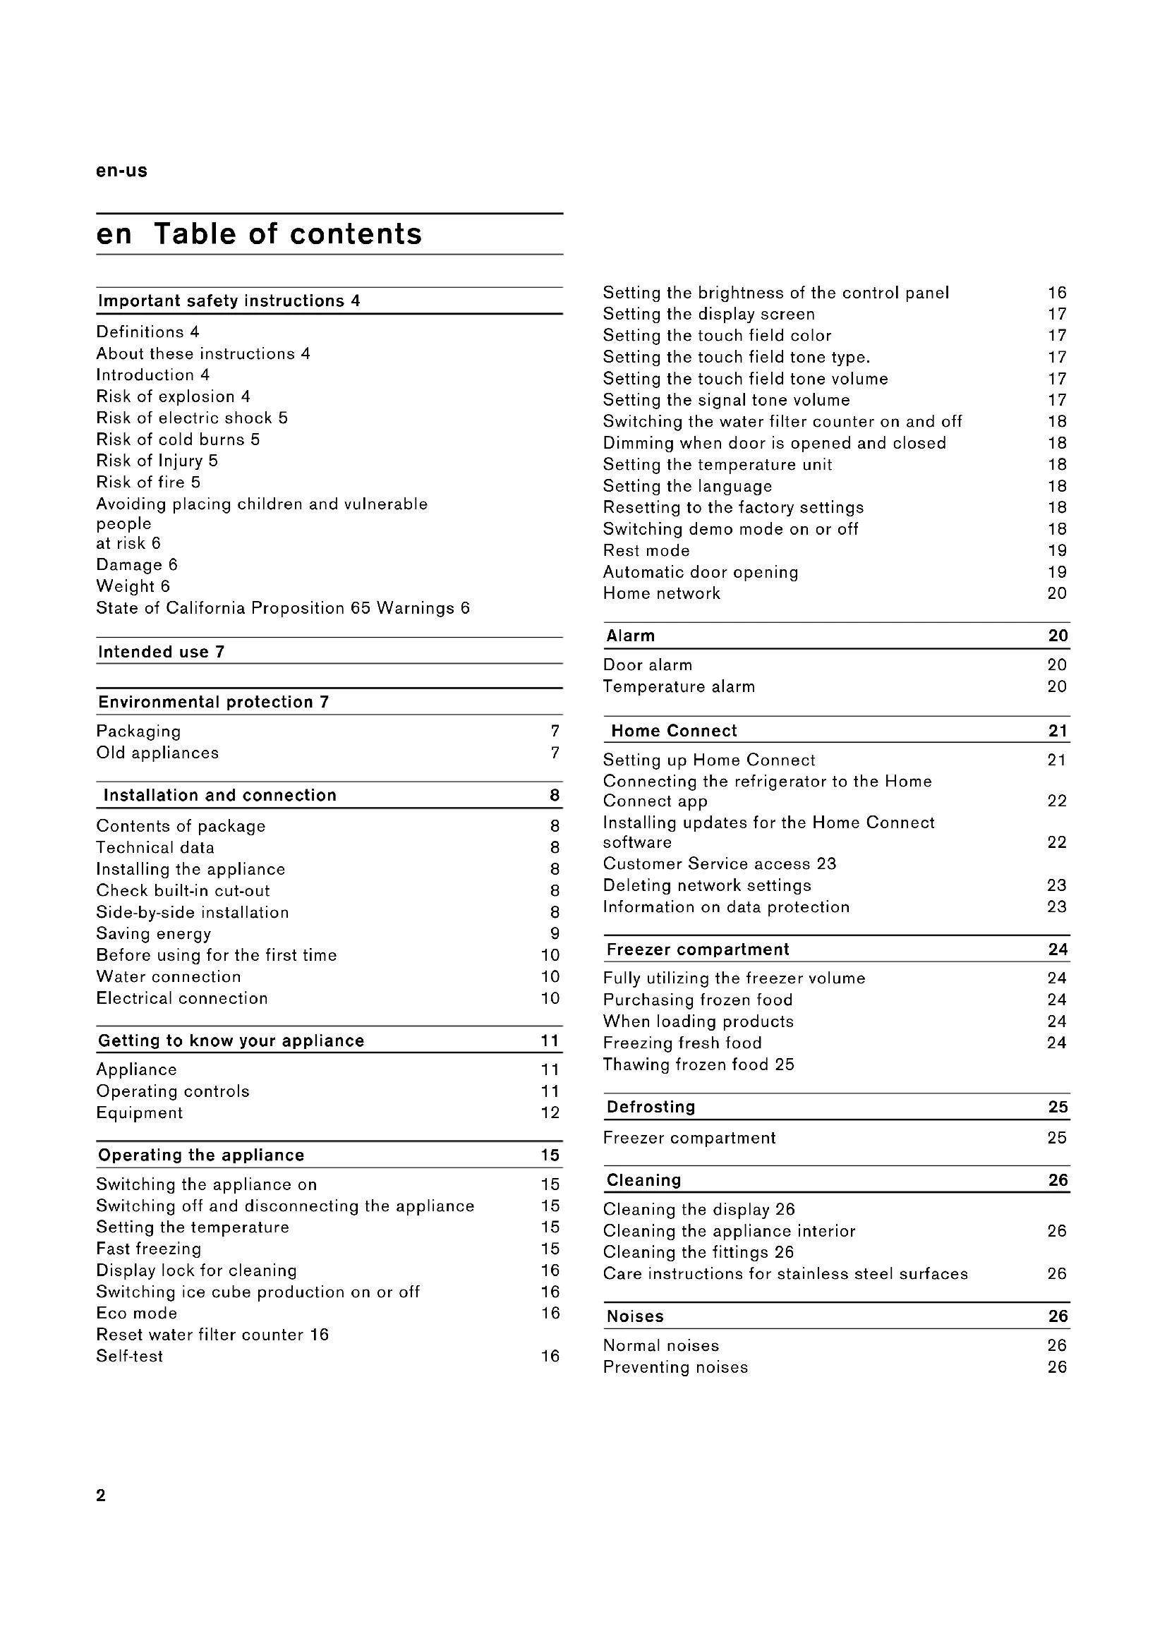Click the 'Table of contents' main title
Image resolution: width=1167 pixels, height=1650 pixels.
pyautogui.click(x=287, y=234)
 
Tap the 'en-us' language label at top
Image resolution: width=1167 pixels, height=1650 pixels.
pyautogui.click(x=121, y=171)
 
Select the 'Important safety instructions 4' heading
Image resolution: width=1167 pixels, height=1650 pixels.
pyautogui.click(x=229, y=301)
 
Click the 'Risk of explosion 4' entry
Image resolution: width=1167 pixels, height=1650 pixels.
pyautogui.click(x=173, y=396)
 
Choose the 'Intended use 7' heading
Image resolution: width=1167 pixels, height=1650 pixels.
pyautogui.click(x=161, y=652)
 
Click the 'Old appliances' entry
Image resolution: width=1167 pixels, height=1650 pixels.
pyautogui.click(x=157, y=753)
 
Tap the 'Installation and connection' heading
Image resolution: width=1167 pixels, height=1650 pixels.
pyautogui.click(x=220, y=795)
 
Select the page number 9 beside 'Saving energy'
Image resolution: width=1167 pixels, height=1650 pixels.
pyautogui.click(x=555, y=933)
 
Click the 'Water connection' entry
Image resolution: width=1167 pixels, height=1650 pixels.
pyautogui.click(x=168, y=976)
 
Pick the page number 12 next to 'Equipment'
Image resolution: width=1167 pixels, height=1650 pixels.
pyautogui.click(x=550, y=1112)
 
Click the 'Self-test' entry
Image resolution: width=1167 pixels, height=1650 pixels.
pyautogui.click(x=129, y=1356)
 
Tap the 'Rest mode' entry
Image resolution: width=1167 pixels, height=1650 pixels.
pyautogui.click(x=646, y=550)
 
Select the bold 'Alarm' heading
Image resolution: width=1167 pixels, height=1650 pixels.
pyautogui.click(x=630, y=636)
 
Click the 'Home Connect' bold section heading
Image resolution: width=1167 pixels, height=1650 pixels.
pyautogui.click(x=673, y=731)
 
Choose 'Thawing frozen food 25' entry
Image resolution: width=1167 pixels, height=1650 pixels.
pyautogui.click(x=699, y=1064)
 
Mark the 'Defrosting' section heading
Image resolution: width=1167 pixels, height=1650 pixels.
pyautogui.click(x=651, y=1107)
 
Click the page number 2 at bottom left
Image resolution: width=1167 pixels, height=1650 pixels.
pyautogui.click(x=101, y=1496)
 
